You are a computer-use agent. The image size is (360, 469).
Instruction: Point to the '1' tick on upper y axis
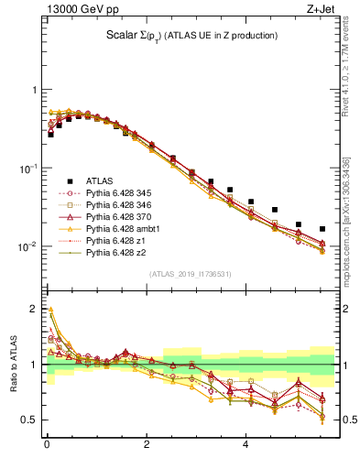pos(34,90)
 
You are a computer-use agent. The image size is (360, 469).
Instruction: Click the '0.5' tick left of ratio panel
pos(28,420)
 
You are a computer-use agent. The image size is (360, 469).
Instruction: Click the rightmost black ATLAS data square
pos(322,229)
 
